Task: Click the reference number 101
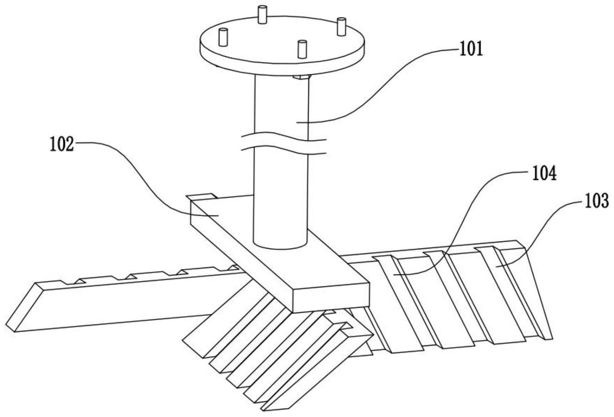click(471, 49)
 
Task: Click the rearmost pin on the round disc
click(262, 14)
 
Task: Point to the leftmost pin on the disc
click(223, 37)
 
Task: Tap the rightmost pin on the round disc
click(341, 27)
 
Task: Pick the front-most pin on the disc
click(302, 49)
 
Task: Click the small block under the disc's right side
click(301, 77)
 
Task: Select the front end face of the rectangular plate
click(331, 299)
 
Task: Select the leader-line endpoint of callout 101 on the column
click(297, 123)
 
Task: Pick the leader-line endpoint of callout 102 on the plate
click(218, 216)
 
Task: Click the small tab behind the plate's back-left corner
click(202, 196)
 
